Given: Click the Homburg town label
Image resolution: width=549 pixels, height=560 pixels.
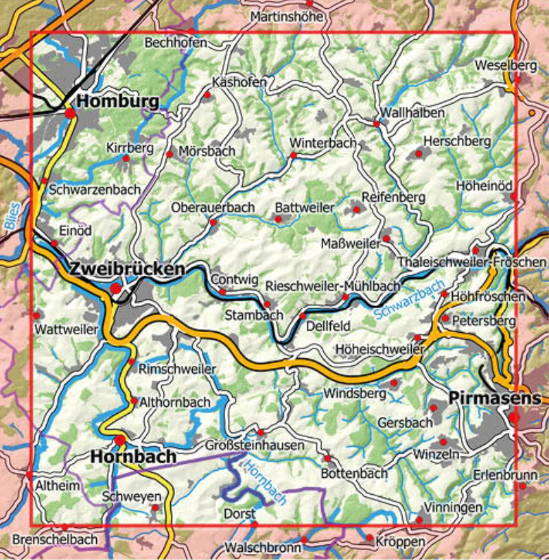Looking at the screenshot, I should (118, 102).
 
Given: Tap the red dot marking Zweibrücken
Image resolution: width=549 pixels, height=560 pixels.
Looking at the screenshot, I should (117, 289).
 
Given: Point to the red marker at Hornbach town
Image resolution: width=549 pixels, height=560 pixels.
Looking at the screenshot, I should (120, 440).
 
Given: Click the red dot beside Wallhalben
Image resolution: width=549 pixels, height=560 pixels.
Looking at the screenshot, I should (377, 124).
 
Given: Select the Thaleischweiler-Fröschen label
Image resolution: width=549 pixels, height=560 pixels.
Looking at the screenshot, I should (472, 262).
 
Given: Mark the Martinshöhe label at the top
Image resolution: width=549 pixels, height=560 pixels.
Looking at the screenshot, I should (286, 15).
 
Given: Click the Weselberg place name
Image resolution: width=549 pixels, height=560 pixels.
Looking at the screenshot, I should (504, 65).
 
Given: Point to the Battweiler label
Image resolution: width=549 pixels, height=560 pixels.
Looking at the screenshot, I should (304, 207).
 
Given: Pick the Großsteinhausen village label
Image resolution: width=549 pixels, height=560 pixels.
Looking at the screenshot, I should (253, 445).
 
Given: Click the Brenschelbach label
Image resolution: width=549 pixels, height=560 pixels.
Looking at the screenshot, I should (55, 539).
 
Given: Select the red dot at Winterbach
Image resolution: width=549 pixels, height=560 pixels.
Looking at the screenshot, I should (293, 156).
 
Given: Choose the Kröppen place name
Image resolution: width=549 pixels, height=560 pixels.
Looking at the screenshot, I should (400, 542).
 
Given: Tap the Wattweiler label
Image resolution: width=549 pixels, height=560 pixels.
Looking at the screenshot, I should (67, 329).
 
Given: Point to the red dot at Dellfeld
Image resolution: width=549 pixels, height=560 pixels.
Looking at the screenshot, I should (303, 316).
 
